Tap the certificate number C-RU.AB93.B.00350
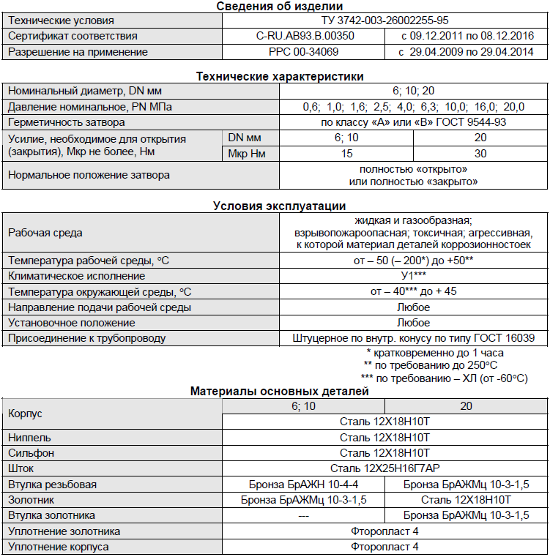click(305, 36)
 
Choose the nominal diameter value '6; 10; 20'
click(413, 91)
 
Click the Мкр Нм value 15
click(346, 154)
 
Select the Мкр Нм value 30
click(480, 154)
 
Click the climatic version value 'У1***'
click(413, 276)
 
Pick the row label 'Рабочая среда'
click(45, 233)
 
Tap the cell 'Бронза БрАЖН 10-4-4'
click(303, 485)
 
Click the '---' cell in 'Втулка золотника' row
click(303, 515)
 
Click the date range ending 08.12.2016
click(467, 36)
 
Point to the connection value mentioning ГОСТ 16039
click(413, 338)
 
